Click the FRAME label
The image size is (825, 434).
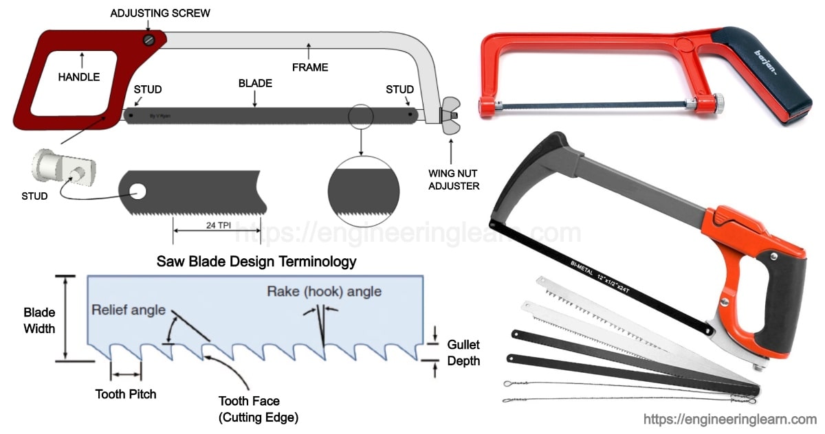point(310,67)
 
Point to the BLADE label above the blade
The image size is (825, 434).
point(255,84)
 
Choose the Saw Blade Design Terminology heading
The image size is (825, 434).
point(256,262)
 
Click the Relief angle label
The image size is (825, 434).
point(129,310)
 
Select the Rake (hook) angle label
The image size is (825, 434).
point(324,291)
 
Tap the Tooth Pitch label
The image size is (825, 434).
point(126,394)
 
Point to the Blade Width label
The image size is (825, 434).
point(39,321)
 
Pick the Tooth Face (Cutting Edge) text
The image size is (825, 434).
point(258,409)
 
